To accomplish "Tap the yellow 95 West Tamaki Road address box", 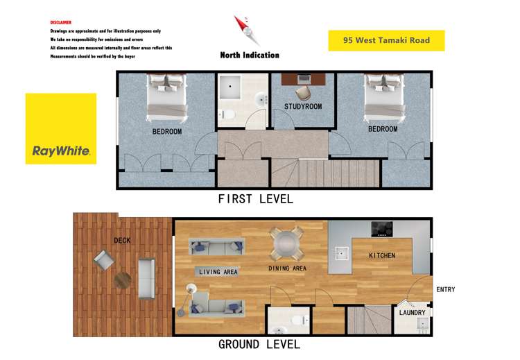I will [x=386, y=40].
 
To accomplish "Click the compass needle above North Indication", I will [x=244, y=28].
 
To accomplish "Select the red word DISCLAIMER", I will [x=61, y=22].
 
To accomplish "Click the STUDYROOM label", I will [x=303, y=106].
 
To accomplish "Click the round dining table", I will [x=286, y=243].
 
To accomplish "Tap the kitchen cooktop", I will [x=382, y=229].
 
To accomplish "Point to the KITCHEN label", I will [x=382, y=255].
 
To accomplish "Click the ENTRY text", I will [x=445, y=289].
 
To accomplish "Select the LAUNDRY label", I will [x=413, y=313].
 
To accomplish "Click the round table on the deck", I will [x=123, y=280].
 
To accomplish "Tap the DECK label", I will [x=122, y=241].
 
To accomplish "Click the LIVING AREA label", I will [x=218, y=272].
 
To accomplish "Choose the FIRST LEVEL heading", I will [x=255, y=199].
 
